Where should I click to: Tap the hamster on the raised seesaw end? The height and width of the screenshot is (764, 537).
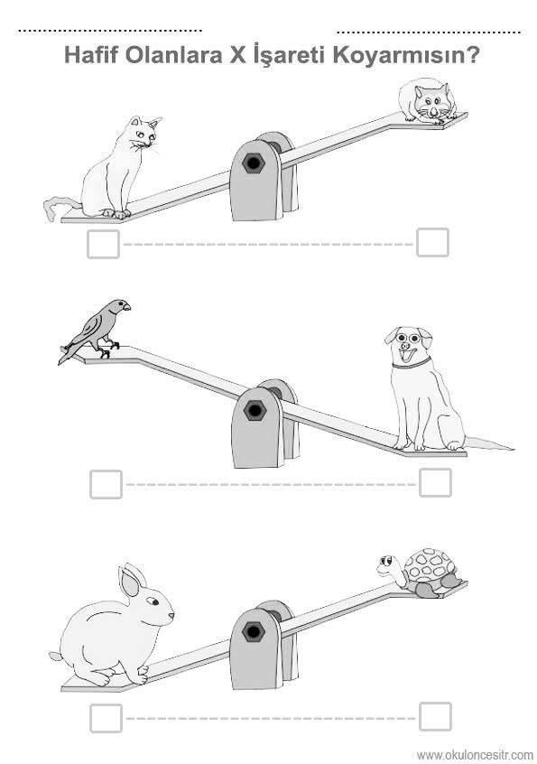427,101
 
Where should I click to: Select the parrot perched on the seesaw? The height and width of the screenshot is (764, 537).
96,330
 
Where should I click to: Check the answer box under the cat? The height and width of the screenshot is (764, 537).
103,244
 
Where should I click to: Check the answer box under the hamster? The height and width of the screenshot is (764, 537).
432,242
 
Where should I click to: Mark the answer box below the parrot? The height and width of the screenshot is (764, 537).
106,484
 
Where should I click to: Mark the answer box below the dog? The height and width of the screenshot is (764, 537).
435,483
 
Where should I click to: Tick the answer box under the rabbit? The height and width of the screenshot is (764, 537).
106,718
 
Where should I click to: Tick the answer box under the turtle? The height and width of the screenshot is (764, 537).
435,716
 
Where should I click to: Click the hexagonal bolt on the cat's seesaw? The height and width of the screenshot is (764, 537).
254,163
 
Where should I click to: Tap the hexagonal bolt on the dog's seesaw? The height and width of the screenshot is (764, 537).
255,410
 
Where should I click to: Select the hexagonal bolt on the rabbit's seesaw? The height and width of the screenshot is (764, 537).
254,632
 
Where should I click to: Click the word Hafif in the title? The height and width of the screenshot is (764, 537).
91,54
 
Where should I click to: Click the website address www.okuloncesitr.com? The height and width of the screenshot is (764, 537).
475,755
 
